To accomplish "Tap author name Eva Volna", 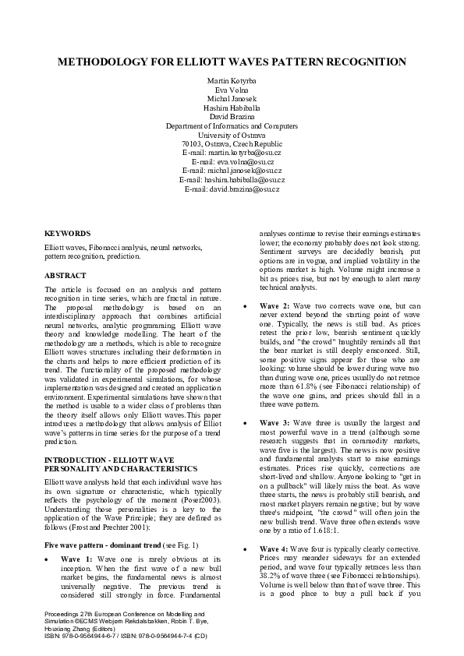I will coord(232,90).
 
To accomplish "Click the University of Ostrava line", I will coord(232,134).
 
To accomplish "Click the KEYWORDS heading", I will coord(67,234).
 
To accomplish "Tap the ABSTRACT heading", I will coord(66,275).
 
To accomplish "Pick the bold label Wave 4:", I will coord(275,549).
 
